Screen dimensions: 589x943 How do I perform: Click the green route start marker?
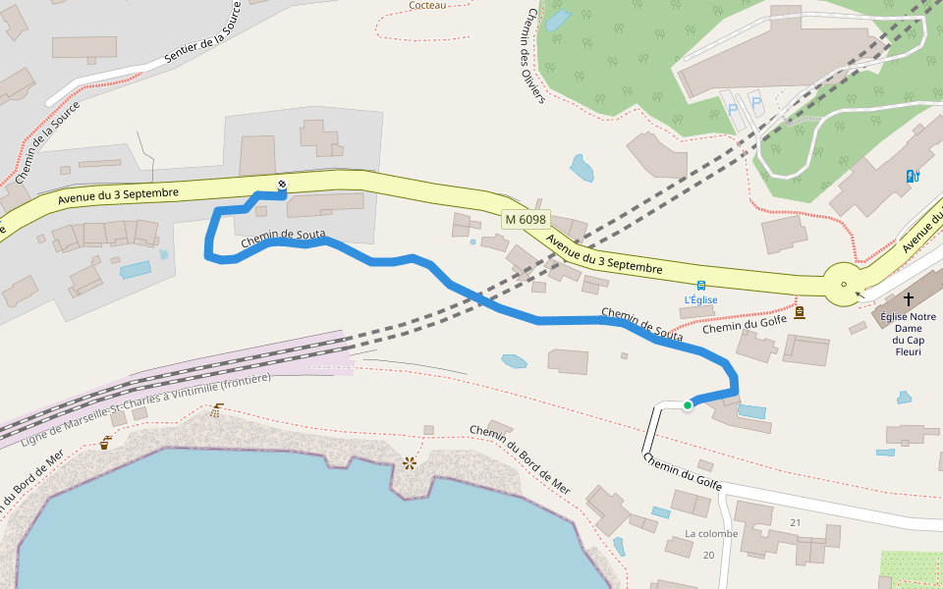click(688, 405)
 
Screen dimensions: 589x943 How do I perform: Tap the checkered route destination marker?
click(282, 185)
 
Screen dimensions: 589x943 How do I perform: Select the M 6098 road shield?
click(526, 220)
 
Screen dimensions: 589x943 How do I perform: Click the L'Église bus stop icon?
click(700, 286)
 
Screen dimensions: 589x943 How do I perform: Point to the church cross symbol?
click(908, 297)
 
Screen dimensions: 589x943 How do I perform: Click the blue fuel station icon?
click(913, 177)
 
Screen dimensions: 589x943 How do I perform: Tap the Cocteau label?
click(427, 5)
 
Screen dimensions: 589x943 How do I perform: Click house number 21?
click(796, 522)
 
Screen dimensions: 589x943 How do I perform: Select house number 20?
click(709, 555)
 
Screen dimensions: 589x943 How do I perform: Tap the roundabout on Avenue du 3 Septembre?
click(843, 285)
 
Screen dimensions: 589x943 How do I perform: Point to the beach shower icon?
click(215, 410)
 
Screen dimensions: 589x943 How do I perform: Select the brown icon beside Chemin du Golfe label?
click(800, 312)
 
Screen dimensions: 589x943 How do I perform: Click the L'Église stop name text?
click(700, 299)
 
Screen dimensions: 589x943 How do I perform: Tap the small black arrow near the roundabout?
click(861, 292)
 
